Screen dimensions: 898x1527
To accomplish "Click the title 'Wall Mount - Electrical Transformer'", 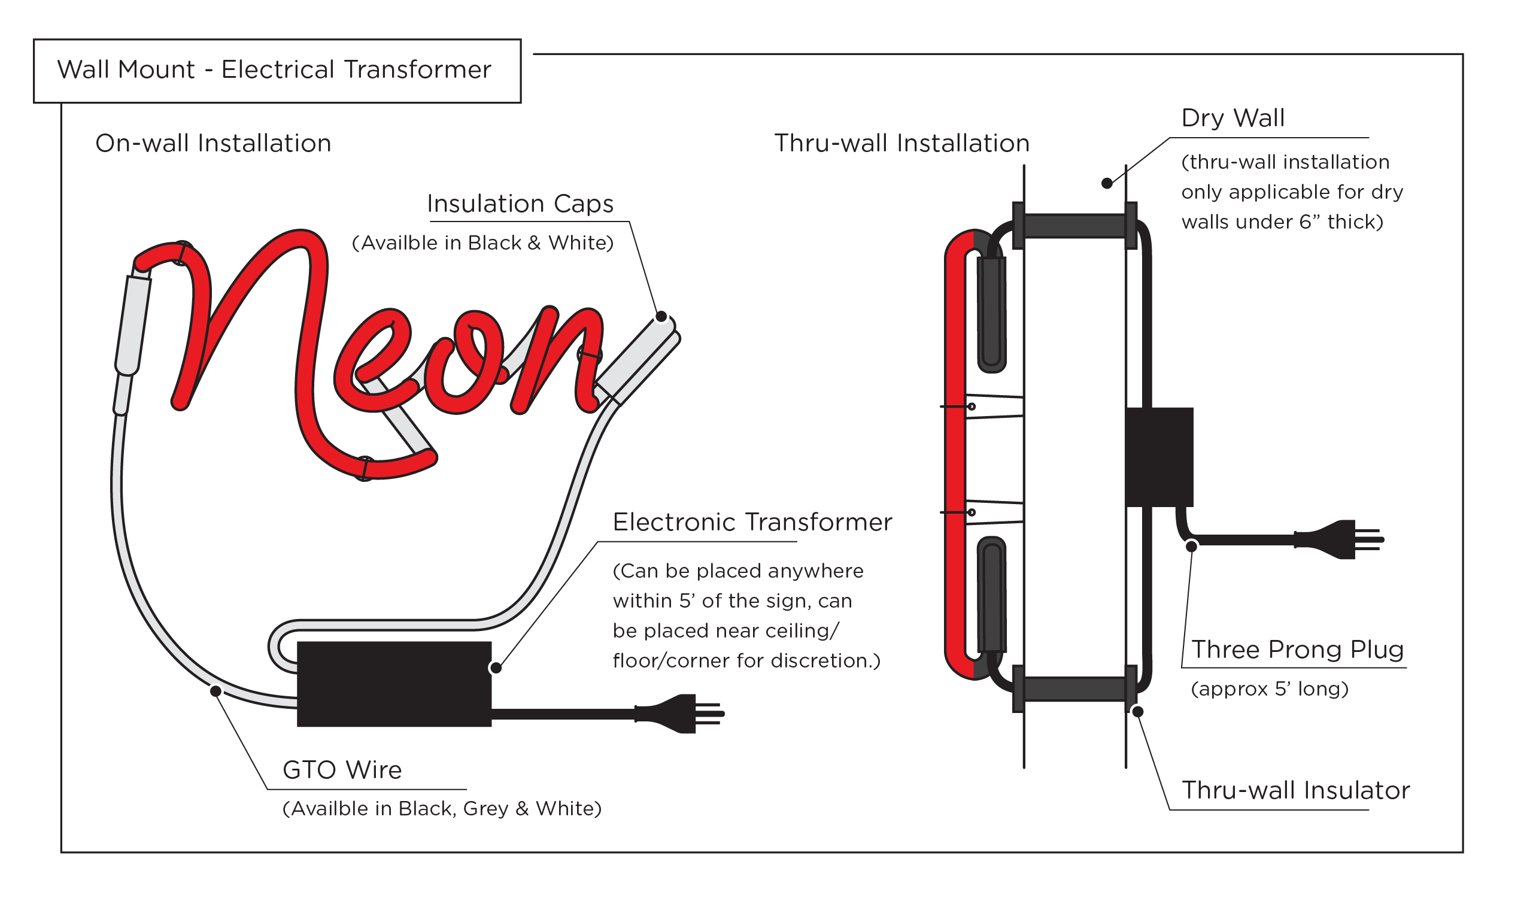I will point(274,70).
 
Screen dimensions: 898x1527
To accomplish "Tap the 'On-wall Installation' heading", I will point(213,144).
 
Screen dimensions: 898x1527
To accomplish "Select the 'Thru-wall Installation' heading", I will point(901,144).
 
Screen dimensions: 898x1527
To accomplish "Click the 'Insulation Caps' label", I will point(520,204).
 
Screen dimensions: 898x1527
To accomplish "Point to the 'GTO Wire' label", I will point(342,770).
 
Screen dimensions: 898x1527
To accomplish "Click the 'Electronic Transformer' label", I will point(752,522).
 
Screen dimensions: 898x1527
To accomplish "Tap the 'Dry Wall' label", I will point(1232,118).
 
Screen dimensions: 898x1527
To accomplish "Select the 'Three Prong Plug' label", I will point(1297,650).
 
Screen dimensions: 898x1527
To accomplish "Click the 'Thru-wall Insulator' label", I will point(1295,791).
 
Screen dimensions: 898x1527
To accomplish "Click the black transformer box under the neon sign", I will point(394,684).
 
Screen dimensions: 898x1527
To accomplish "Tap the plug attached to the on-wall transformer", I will point(679,714).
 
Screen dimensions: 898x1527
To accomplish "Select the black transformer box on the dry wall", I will point(1159,457).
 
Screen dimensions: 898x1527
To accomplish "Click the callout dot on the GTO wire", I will point(215,691).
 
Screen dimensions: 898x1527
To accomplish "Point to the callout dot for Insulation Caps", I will point(661,316).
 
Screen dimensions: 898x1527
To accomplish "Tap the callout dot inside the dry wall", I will point(1106,183).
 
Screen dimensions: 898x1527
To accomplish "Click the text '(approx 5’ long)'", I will point(1269,689).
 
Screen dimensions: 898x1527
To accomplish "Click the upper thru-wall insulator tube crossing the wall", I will point(1074,226).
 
